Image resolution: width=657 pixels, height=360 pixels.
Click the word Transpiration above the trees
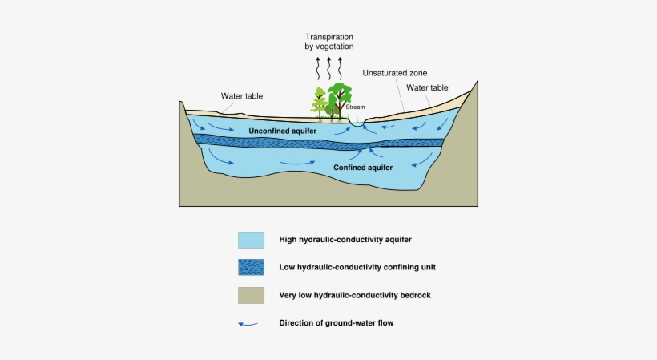(328, 37)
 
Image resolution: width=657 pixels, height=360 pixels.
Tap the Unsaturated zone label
(395, 73)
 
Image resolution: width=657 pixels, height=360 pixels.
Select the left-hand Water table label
(242, 96)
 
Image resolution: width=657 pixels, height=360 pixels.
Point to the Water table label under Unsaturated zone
(427, 87)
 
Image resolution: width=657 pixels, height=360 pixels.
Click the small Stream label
(355, 106)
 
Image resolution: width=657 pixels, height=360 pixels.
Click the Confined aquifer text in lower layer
(362, 168)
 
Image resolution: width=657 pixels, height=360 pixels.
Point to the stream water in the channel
(356, 124)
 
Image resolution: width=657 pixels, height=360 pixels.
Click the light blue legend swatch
(251, 240)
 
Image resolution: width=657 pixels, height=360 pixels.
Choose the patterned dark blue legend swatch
(251, 267)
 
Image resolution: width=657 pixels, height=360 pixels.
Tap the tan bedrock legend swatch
(251, 295)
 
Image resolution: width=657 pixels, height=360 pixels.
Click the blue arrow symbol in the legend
(249, 324)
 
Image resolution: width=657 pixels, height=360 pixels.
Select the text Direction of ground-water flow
(337, 323)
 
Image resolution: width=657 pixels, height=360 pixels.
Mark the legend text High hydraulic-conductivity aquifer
(345, 240)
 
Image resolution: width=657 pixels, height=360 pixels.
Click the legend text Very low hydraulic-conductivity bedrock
(355, 295)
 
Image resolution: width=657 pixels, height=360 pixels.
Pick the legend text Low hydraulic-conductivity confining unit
(357, 267)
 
